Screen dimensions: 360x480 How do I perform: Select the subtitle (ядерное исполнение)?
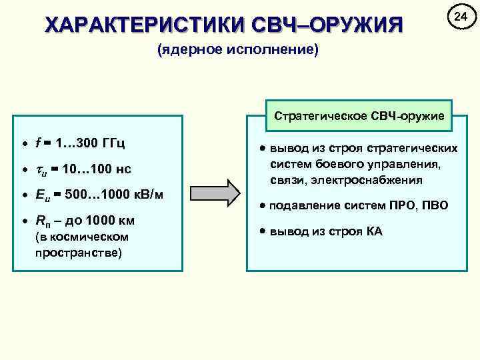(x=239, y=51)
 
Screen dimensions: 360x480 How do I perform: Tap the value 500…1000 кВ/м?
(x=114, y=195)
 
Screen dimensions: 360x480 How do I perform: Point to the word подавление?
(x=300, y=205)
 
